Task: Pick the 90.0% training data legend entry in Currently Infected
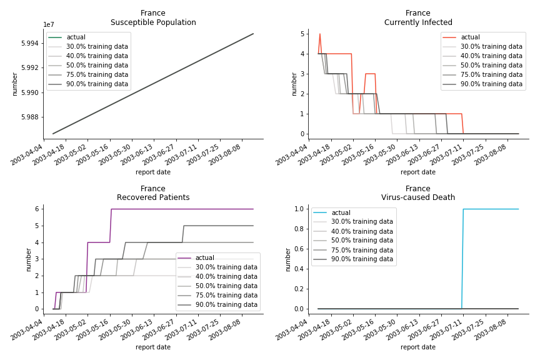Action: (491, 84)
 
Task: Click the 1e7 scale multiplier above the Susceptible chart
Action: (49, 25)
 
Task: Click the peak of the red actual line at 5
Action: (320, 34)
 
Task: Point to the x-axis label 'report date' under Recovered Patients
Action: (153, 347)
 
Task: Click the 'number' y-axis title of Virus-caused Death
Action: (286, 259)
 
